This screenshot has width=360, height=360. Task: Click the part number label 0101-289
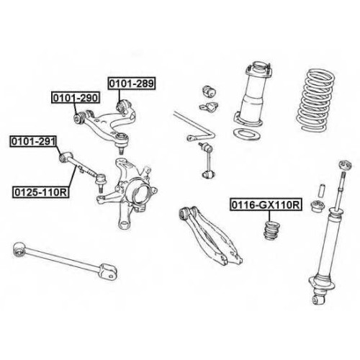[x=132, y=84]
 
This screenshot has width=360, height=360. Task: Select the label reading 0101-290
[x=76, y=97]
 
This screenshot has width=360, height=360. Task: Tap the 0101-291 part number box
[x=33, y=141]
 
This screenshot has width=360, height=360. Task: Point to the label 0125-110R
[x=41, y=192]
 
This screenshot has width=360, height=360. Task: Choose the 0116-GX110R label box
[x=266, y=204]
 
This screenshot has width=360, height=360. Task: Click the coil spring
[x=315, y=99]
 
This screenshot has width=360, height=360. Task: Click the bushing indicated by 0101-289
[x=123, y=106]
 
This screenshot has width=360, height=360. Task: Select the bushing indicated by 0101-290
[x=78, y=117]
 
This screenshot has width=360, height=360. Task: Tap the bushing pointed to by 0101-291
[x=64, y=157]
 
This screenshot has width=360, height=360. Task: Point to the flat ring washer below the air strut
[x=247, y=133]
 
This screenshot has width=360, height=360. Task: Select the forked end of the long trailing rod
[x=109, y=271]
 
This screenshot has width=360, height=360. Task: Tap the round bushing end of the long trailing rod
[x=19, y=249]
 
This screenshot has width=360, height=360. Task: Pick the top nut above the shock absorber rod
[x=346, y=165]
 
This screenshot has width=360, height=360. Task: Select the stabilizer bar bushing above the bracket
[x=210, y=91]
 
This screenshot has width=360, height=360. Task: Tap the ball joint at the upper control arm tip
[x=122, y=141]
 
